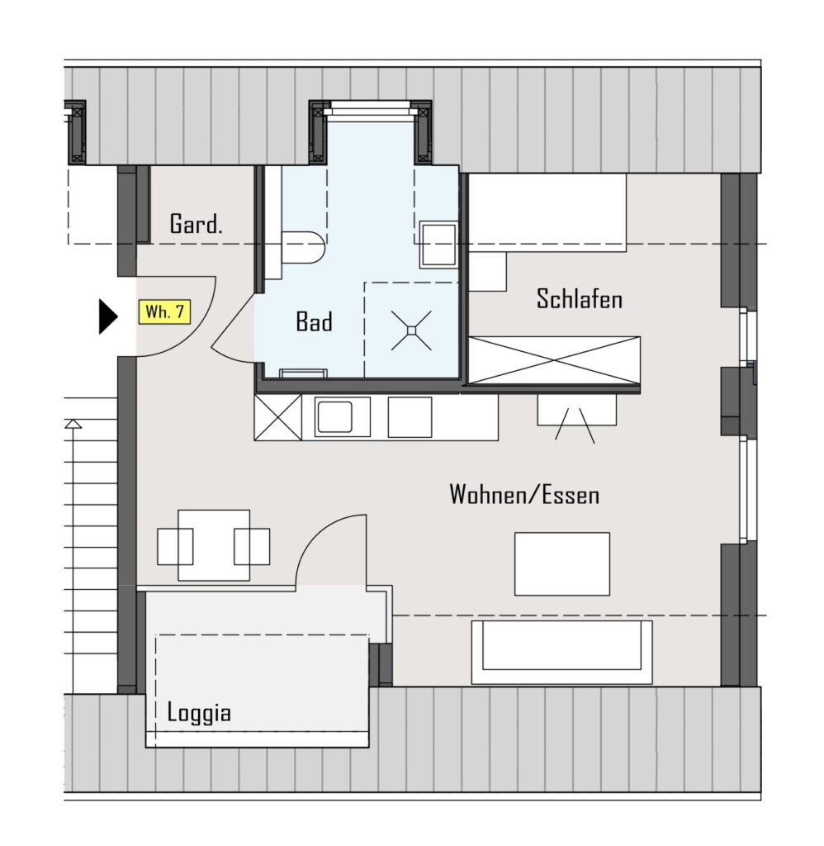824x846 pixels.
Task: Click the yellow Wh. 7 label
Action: click(x=164, y=311)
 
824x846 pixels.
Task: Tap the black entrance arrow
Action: click(x=108, y=316)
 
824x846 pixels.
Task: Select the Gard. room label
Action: click(x=196, y=223)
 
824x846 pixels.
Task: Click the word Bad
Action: click(x=314, y=321)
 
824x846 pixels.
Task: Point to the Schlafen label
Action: click(x=579, y=298)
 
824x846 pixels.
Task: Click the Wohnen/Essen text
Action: click(x=524, y=494)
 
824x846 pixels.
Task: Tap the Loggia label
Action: click(x=199, y=712)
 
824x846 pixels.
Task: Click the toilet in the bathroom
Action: click(x=302, y=248)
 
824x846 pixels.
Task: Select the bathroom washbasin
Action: click(x=438, y=245)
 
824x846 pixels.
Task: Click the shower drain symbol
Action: click(x=411, y=330)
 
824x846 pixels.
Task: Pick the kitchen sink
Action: click(x=335, y=417)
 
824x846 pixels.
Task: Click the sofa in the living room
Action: click(x=561, y=652)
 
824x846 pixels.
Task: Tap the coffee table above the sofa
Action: click(x=562, y=563)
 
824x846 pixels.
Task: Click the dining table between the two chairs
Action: click(x=214, y=545)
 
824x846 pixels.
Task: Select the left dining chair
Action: click(x=175, y=547)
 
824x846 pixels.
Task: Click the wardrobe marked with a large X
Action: click(x=554, y=360)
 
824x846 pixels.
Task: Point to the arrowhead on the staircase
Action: click(x=73, y=424)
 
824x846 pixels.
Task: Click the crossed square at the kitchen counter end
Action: click(x=278, y=417)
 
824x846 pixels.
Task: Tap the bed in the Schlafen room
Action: click(x=547, y=212)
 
